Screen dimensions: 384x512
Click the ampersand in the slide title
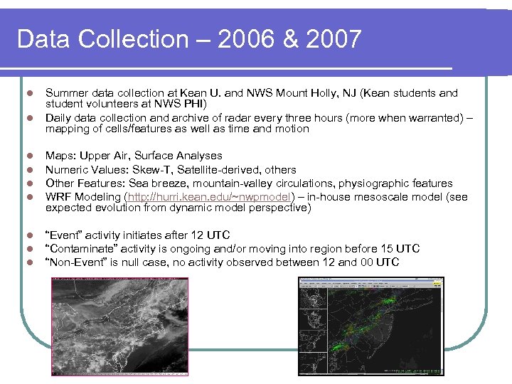pos(290,39)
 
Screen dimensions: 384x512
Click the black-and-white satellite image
pos(119,326)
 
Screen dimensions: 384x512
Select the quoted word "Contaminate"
pos(81,249)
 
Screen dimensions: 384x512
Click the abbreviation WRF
pos(57,197)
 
